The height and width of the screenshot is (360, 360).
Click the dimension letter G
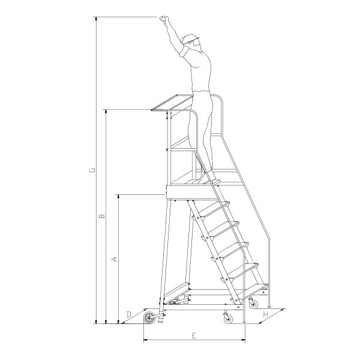[x=92, y=170]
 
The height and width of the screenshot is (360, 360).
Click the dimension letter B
[x=102, y=216]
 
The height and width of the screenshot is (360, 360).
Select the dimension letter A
[x=115, y=259]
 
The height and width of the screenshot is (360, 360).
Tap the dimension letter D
[x=129, y=314]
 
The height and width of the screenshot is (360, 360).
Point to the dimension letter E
[x=194, y=335]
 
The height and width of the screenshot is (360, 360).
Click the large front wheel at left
[x=149, y=317]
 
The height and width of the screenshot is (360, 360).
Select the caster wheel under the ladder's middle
[x=228, y=319]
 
